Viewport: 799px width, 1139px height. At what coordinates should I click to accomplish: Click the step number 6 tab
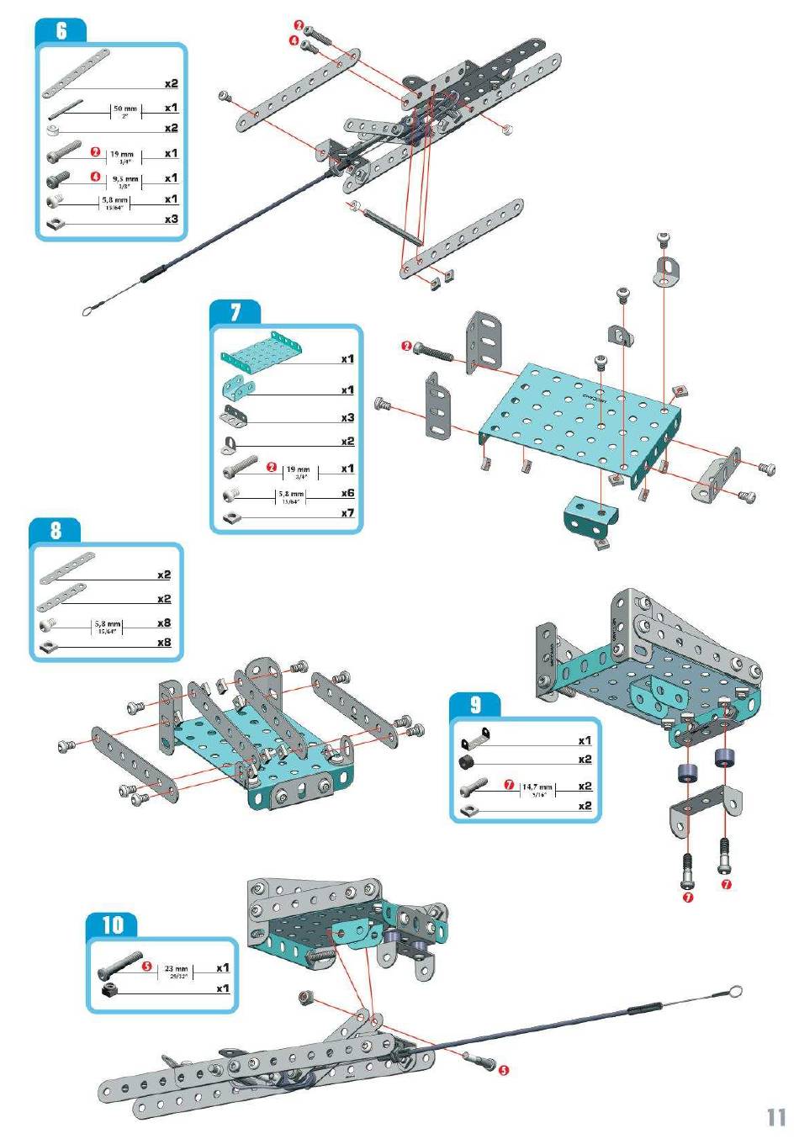click(x=61, y=31)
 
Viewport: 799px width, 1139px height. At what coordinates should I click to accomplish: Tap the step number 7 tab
click(x=235, y=313)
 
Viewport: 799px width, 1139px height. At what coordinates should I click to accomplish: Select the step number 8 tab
click(x=55, y=530)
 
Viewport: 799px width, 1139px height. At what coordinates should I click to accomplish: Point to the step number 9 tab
click(x=474, y=705)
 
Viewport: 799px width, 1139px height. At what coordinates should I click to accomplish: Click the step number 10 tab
click(x=112, y=925)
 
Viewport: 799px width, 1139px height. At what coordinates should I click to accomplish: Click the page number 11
click(x=775, y=1117)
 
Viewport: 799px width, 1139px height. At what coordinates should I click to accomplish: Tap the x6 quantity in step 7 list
click(x=347, y=494)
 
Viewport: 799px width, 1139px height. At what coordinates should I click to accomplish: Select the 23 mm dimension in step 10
click(x=176, y=969)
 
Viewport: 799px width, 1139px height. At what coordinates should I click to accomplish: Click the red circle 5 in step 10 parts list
click(x=146, y=967)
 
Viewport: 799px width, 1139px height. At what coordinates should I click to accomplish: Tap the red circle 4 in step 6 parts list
click(x=96, y=177)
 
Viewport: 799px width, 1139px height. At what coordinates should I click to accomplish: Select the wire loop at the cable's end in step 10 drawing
click(x=736, y=993)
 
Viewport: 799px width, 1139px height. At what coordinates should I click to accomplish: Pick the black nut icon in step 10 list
click(x=108, y=990)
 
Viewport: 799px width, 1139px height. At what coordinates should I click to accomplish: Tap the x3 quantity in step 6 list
click(x=171, y=219)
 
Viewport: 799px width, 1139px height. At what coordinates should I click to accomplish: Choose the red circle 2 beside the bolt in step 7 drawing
click(x=407, y=347)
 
